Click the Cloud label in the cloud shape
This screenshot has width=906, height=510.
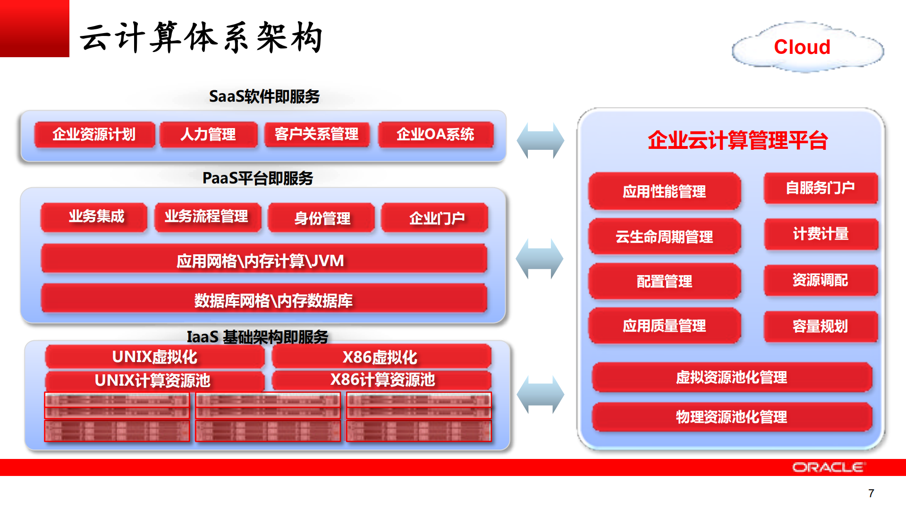[x=802, y=47]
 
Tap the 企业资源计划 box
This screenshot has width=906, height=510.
[x=94, y=135]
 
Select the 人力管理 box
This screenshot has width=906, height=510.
[x=208, y=135]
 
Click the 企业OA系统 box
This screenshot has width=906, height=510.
[x=435, y=135]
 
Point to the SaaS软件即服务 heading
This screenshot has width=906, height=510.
[x=264, y=97]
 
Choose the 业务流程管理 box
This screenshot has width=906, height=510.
[x=207, y=217]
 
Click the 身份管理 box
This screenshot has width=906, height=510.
[x=322, y=218]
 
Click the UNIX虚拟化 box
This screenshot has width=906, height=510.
[x=155, y=357]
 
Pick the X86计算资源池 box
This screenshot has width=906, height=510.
[x=381, y=380]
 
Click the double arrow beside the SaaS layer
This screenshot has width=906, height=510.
[x=540, y=141]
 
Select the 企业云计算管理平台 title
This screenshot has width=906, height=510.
[x=737, y=140]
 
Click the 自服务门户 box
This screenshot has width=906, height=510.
[x=820, y=188]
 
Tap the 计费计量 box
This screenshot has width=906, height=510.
[x=820, y=234]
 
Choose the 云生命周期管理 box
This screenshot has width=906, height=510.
[x=664, y=236]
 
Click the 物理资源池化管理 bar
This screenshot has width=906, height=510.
[x=731, y=417]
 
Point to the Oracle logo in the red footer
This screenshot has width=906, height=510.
[x=829, y=467]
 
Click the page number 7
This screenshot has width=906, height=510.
[x=871, y=493]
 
